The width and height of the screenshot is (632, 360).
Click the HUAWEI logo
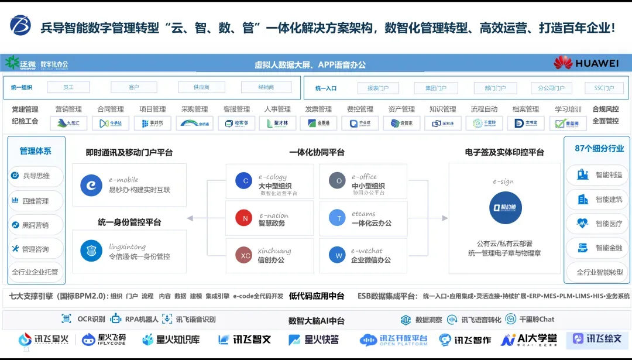point(586,63)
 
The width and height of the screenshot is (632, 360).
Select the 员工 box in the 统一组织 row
point(68,87)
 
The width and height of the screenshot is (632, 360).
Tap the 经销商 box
point(266,87)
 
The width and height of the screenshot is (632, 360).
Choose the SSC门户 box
point(604,88)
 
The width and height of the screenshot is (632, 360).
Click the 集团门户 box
point(436,88)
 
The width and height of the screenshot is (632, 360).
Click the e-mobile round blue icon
point(91,184)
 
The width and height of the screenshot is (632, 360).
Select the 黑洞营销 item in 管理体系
point(36,225)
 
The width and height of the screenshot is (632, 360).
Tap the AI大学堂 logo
point(529,340)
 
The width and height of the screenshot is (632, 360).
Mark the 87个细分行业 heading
point(599,149)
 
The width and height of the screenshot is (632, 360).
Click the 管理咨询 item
point(36,249)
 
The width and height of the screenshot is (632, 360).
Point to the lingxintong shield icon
point(91,251)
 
